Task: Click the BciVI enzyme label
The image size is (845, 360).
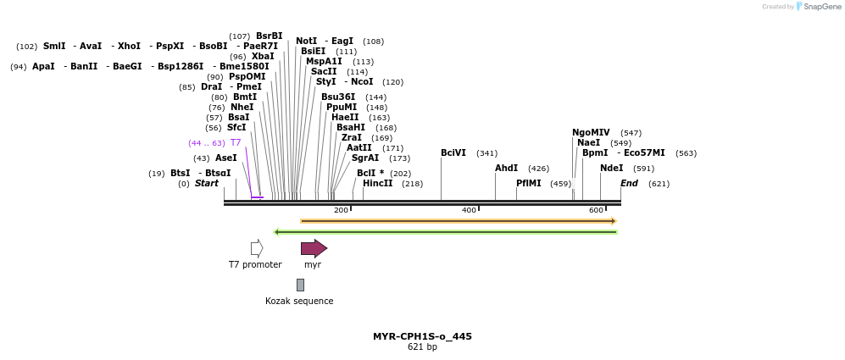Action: tap(453, 153)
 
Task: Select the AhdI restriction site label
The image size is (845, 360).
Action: tap(506, 169)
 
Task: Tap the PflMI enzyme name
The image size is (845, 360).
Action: tap(528, 183)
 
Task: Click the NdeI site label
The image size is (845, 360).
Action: tap(611, 169)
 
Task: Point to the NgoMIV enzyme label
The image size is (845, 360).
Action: tap(591, 132)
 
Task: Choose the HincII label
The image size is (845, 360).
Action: tap(377, 183)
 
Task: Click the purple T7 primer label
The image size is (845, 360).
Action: tap(236, 142)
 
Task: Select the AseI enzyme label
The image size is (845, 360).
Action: tap(226, 158)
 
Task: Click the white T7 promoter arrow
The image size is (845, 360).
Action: tap(257, 248)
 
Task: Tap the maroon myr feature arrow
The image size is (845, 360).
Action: tap(314, 248)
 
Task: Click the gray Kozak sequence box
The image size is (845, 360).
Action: tap(300, 285)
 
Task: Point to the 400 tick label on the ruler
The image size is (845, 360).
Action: tap(469, 210)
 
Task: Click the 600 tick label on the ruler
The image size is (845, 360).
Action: tap(596, 210)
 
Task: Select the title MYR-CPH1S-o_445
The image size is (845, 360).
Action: tap(422, 336)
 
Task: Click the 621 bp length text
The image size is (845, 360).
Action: tap(422, 347)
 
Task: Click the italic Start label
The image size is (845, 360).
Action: tap(207, 183)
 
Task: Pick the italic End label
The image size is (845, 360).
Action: tap(629, 183)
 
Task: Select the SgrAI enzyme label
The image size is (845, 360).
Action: tap(365, 158)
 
